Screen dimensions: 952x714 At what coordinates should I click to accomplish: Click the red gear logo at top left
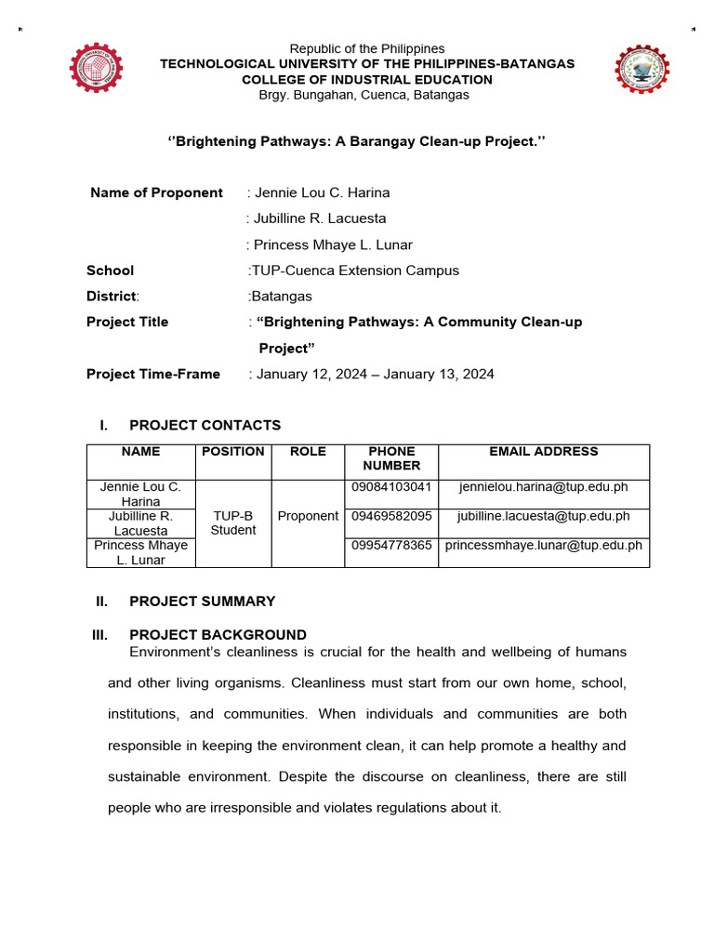click(x=97, y=71)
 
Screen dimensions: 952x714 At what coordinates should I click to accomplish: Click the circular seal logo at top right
click(x=641, y=71)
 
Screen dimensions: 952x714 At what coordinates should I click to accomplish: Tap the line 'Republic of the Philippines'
click(x=367, y=48)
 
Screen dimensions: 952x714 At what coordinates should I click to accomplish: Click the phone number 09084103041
click(x=390, y=487)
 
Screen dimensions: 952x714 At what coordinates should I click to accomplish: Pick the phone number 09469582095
click(x=390, y=516)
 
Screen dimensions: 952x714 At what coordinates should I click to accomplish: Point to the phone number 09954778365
click(x=390, y=545)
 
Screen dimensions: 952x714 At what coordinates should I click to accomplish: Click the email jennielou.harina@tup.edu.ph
click(x=544, y=487)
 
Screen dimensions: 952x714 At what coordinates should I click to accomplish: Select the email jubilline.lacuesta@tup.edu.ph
click(x=544, y=516)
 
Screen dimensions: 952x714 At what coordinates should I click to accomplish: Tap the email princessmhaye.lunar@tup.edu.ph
click(x=544, y=545)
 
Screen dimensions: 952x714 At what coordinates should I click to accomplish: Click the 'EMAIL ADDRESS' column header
click(x=544, y=452)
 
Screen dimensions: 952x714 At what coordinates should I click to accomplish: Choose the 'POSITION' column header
click(x=232, y=452)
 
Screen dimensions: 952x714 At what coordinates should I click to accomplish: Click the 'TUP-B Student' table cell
click(x=232, y=523)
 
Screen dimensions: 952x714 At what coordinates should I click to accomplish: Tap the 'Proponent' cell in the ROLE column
click(x=308, y=516)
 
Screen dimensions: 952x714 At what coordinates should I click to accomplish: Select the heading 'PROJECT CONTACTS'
click(x=205, y=425)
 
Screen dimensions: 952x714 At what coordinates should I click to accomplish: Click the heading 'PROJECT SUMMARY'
click(x=202, y=601)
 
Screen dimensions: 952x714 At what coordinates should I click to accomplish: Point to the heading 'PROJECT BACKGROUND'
click(x=218, y=635)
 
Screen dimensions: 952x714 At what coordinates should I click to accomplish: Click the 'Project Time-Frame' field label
click(x=153, y=374)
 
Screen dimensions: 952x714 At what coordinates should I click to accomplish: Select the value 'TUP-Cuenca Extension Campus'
click(x=354, y=271)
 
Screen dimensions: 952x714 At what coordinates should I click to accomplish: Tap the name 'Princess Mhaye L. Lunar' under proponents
click(x=332, y=245)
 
